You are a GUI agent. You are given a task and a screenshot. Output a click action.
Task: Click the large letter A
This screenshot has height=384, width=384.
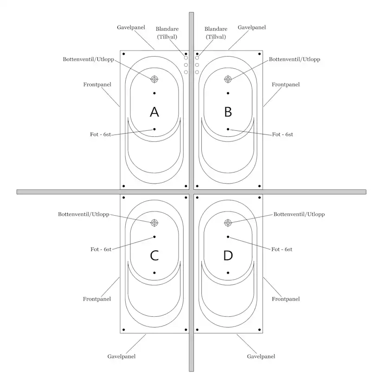click(154, 112)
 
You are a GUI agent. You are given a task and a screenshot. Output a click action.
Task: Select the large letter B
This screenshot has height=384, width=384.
click(228, 112)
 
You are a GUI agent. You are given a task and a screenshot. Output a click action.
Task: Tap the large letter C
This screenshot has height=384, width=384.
click(154, 256)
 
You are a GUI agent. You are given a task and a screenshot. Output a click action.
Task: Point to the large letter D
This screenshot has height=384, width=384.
click(228, 256)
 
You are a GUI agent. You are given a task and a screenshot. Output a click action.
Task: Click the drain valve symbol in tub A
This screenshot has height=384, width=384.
click(154, 79)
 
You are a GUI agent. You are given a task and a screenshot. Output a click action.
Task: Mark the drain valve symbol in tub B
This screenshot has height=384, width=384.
click(228, 79)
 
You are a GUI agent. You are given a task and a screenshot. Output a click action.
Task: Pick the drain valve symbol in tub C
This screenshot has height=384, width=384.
click(154, 223)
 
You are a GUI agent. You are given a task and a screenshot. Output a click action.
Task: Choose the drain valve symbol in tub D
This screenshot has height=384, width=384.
click(228, 223)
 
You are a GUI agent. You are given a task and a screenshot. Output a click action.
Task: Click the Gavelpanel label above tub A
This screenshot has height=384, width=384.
click(131, 27)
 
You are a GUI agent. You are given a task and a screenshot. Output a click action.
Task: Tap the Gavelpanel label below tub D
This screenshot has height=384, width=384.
click(261, 357)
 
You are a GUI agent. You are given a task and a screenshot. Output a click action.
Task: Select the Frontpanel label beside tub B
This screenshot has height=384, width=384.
click(286, 84)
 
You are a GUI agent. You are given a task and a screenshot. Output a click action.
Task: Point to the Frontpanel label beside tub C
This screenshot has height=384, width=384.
click(97, 299)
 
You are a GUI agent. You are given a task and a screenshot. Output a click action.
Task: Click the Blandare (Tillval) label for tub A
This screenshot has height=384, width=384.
click(167, 33)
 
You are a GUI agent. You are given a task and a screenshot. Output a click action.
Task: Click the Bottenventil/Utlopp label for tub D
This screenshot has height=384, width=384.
click(299, 214)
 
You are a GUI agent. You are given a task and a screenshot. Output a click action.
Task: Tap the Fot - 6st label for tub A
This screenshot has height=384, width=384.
click(101, 134)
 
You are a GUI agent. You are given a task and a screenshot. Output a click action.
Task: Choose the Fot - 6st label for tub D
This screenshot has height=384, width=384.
click(282, 250)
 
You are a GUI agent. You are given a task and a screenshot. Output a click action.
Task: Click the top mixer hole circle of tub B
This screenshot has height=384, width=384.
click(197, 58)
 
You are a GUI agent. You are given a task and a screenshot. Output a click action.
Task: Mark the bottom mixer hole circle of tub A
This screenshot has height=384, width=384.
click(186, 72)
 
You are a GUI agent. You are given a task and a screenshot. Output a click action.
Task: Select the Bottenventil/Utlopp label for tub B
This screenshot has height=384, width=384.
click(294, 59)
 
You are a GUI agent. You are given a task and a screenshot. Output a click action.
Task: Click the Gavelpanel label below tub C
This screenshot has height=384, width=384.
click(122, 357)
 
